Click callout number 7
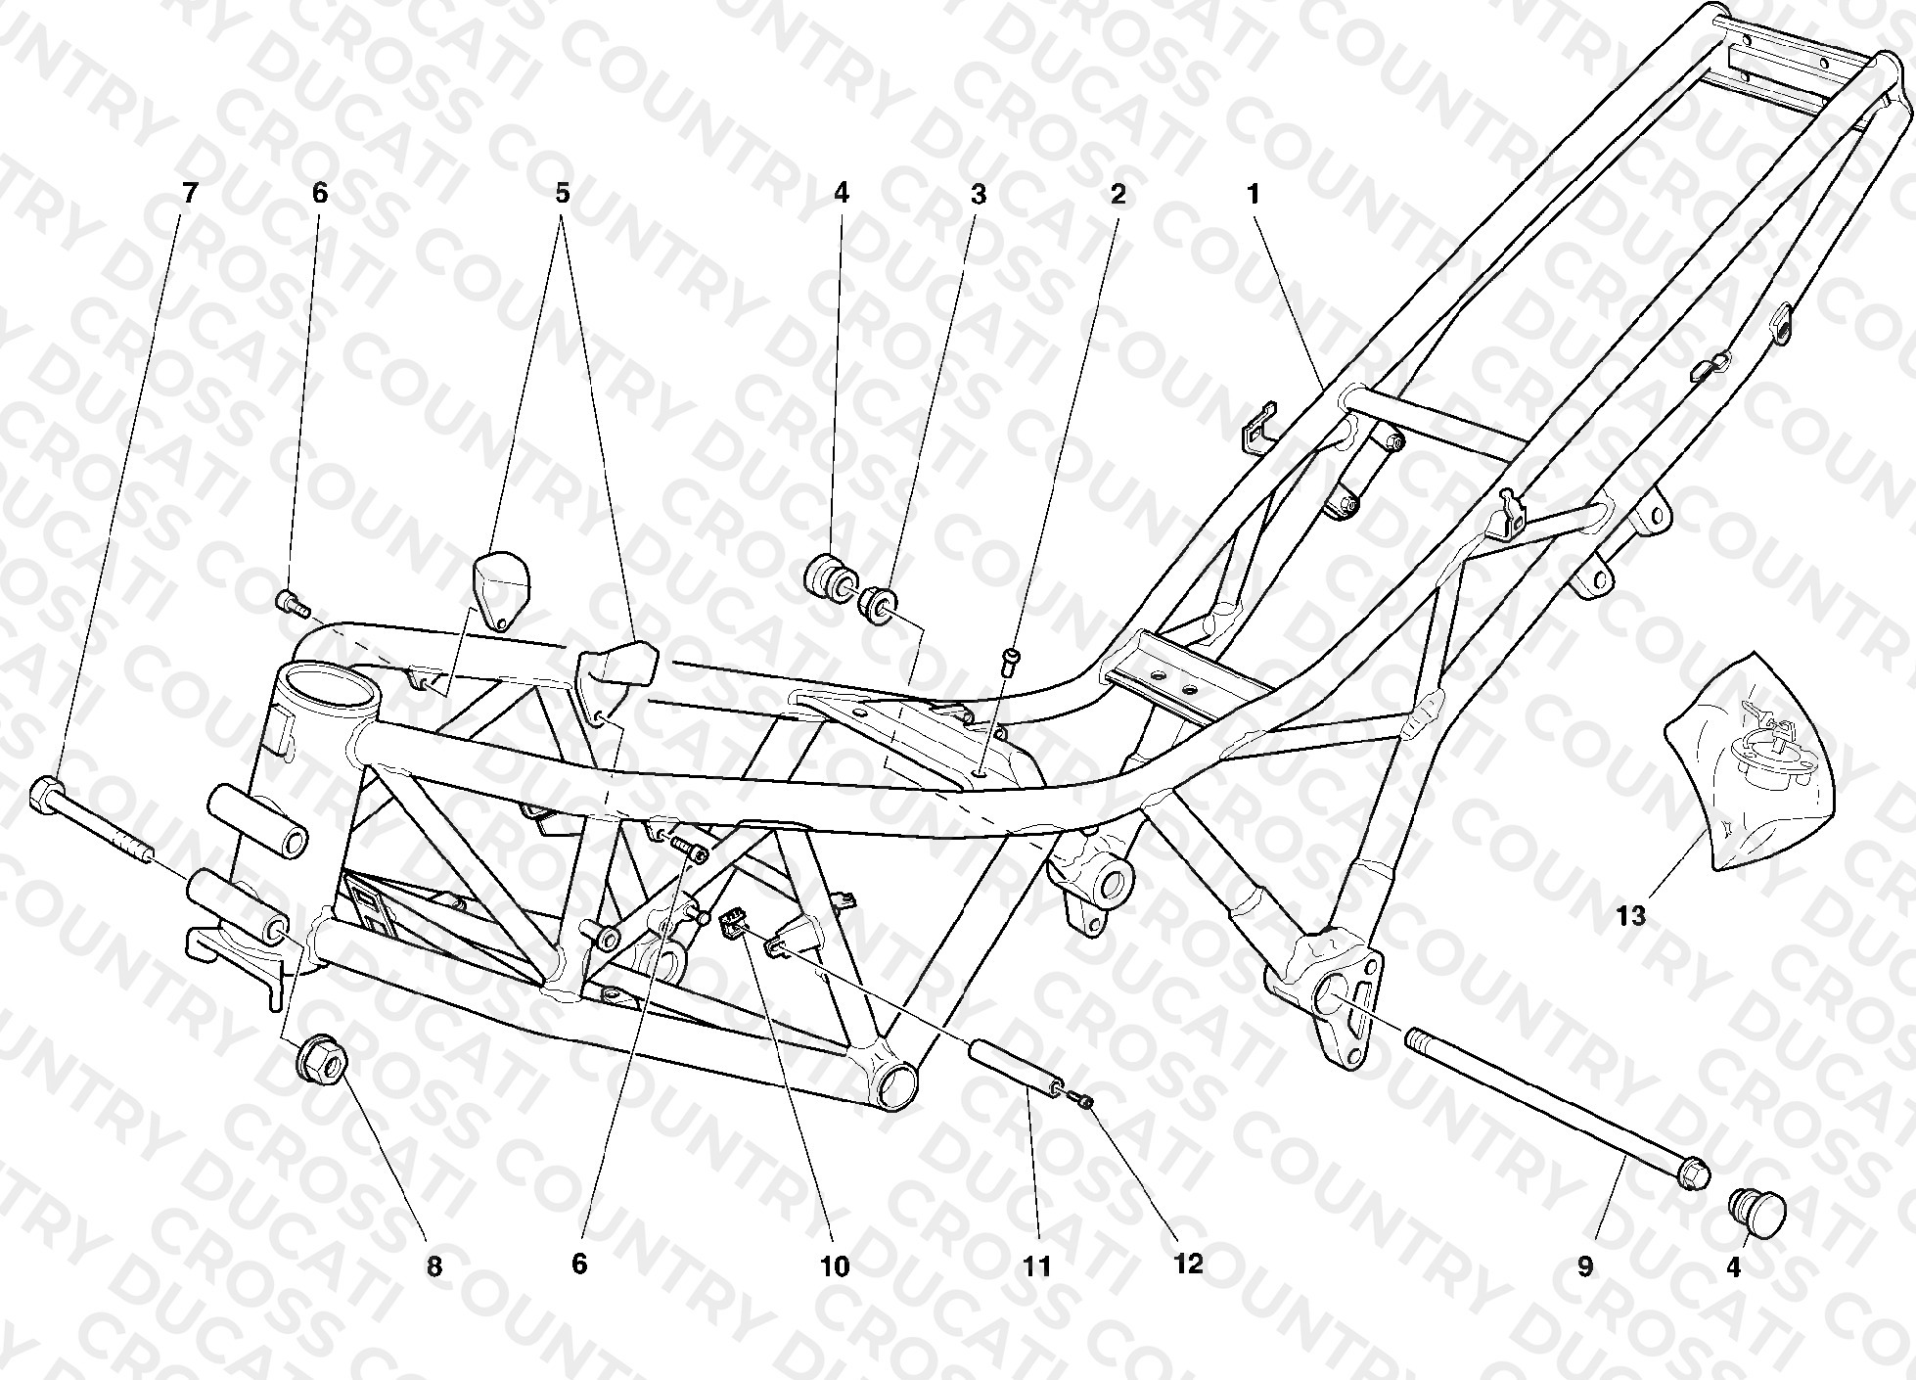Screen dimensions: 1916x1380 pyautogui.click(x=189, y=194)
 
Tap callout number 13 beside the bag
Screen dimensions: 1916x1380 pyautogui.click(x=1631, y=916)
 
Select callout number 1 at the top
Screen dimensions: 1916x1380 pyautogui.click(x=1253, y=194)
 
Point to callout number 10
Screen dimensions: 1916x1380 pyautogui.click(x=835, y=1266)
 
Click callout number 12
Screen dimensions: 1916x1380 pyautogui.click(x=1188, y=1264)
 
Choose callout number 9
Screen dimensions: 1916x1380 pyautogui.click(x=1585, y=1266)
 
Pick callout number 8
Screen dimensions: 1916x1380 pyautogui.click(x=434, y=1266)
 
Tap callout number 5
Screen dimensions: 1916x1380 pyautogui.click(x=562, y=194)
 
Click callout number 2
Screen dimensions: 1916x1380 pyautogui.click(x=1118, y=194)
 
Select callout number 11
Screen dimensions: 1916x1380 pyautogui.click(x=1036, y=1266)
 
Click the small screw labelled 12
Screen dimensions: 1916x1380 pyautogui.click(x=1083, y=1101)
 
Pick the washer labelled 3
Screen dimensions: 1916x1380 pyautogui.click(x=878, y=603)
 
